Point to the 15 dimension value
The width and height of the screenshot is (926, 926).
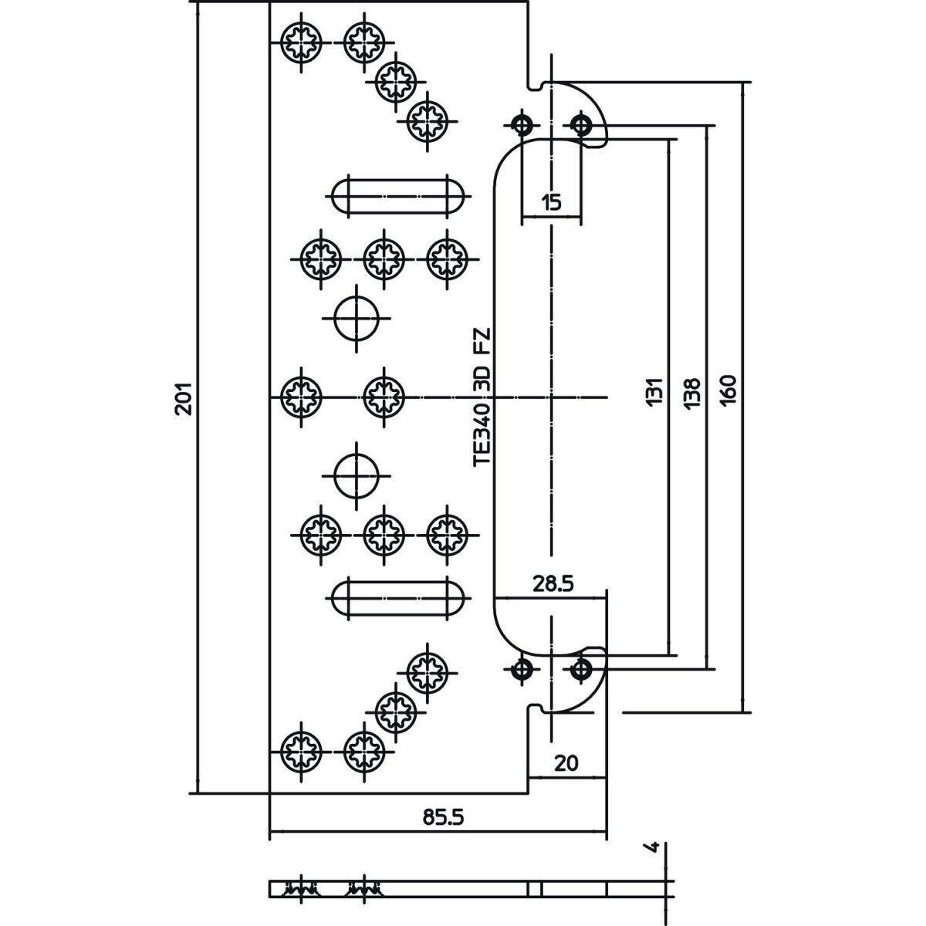pyautogui.click(x=551, y=203)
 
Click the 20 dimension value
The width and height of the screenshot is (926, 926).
pyautogui.click(x=566, y=763)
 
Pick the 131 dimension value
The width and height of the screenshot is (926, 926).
pyautogui.click(x=654, y=391)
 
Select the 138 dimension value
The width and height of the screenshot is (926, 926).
pyautogui.click(x=691, y=391)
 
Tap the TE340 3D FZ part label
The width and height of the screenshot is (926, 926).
pyautogui.click(x=482, y=398)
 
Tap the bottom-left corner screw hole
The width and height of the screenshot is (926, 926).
pyautogui.click(x=301, y=749)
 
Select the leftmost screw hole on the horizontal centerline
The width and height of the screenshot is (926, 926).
pyautogui.click(x=301, y=396)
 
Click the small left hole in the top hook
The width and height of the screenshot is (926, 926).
pyautogui.click(x=522, y=124)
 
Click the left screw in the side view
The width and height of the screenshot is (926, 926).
pyautogui.click(x=299, y=888)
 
